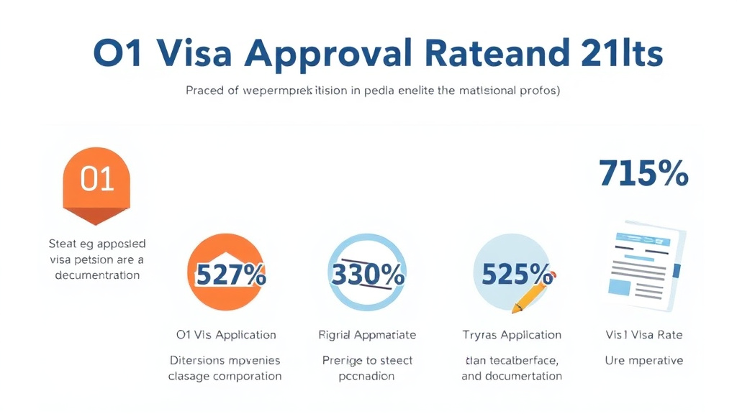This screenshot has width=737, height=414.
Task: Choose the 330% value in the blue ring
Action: point(367,274)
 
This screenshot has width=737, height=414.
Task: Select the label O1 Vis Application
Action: point(226,335)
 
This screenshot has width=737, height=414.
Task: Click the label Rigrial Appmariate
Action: point(367,335)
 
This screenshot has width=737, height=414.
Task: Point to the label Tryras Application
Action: point(512,335)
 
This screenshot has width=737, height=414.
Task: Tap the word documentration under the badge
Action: point(96,275)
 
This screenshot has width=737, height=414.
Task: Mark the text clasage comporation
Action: point(225,376)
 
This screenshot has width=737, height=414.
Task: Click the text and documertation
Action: point(512,376)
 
